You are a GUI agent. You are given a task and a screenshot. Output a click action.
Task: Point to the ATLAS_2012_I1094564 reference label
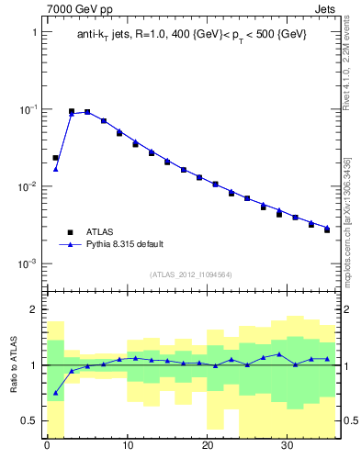point(192,274)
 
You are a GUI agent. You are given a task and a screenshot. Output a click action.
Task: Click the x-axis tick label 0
point(47,447)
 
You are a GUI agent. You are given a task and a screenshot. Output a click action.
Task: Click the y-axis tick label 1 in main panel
point(34,32)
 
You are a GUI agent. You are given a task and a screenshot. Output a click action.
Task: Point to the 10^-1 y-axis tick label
point(28,109)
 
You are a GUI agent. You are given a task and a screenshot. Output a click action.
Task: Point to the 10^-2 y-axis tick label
point(28,186)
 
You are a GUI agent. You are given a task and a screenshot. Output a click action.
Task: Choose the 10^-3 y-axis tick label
point(28,263)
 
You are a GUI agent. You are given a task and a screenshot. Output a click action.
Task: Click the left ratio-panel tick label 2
point(34,309)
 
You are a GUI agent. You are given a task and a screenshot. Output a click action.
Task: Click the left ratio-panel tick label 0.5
point(29,420)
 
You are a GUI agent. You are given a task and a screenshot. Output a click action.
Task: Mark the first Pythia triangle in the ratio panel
point(55,393)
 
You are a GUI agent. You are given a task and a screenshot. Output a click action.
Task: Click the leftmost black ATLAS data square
point(55,158)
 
